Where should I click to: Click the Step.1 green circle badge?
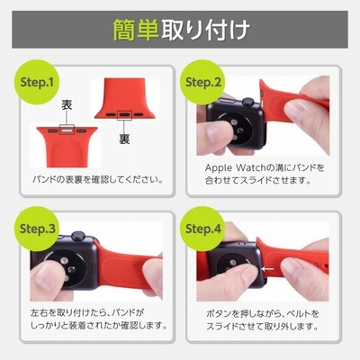[x=37, y=82]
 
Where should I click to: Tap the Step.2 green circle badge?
[x=202, y=82]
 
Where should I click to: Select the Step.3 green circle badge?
[x=37, y=229]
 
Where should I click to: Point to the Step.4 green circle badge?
[x=202, y=229]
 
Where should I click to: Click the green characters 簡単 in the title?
[x=136, y=30]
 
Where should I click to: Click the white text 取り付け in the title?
[x=205, y=30]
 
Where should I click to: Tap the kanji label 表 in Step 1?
[x=67, y=104]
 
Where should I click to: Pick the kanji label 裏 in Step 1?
[x=124, y=139]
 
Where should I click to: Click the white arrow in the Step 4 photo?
[x=267, y=269]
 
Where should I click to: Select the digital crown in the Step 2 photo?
[x=248, y=103]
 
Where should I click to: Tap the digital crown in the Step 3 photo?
[x=78, y=237]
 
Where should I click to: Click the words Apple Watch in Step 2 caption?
[x=234, y=167]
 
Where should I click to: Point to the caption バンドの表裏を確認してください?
[x=98, y=180]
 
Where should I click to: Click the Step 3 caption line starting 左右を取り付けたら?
[x=87, y=312]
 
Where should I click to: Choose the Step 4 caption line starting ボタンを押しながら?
[x=263, y=314]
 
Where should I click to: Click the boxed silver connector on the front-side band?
[x=67, y=130]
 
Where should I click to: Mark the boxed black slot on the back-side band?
[x=124, y=114]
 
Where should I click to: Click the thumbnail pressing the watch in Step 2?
[x=213, y=130]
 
